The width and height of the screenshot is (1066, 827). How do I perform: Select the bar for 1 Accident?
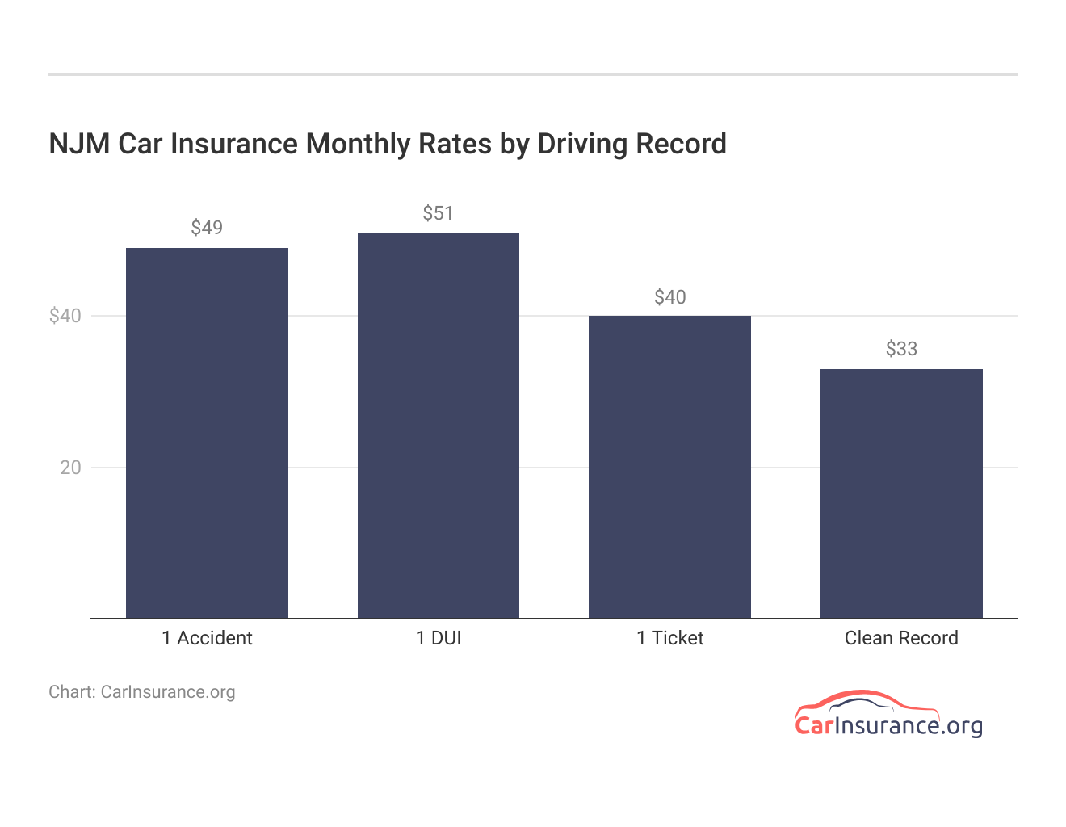tap(207, 433)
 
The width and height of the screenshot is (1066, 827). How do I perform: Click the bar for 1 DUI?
tap(439, 426)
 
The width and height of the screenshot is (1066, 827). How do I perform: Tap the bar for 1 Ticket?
tap(669, 467)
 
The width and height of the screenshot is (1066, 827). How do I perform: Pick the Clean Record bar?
tap(901, 493)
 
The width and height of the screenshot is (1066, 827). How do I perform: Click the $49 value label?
tap(207, 228)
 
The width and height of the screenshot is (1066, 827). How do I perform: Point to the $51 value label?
tap(439, 213)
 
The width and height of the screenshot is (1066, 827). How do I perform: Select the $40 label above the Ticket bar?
tap(669, 297)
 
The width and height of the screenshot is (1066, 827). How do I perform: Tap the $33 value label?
tap(901, 349)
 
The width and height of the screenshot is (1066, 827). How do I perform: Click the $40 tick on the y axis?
tap(65, 316)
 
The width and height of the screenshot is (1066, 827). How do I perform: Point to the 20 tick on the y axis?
tap(70, 468)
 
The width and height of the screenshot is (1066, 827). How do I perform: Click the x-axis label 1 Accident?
tap(207, 638)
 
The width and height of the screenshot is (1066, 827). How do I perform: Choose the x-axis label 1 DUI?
tap(439, 638)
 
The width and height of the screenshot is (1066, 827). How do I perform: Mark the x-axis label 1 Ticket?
tap(669, 638)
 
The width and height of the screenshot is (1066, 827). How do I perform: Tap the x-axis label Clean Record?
tap(901, 638)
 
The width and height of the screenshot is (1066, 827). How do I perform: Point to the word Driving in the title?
tap(582, 144)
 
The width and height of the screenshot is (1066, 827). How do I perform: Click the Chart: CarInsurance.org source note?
tap(142, 692)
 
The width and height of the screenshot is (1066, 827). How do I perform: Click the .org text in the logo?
tap(962, 725)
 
